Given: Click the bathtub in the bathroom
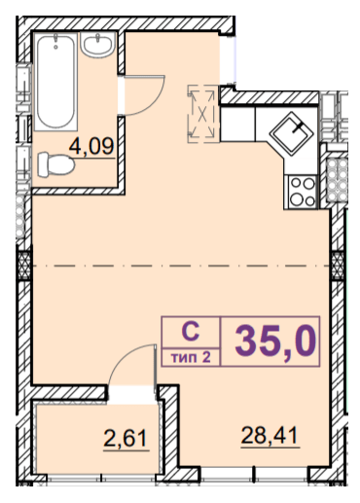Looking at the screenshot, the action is [x=55, y=82].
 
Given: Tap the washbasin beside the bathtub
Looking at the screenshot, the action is [x=97, y=45].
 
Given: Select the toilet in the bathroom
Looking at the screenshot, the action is [x=56, y=165].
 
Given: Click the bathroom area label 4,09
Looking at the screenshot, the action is [x=91, y=146].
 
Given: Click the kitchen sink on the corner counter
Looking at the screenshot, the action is [x=292, y=132].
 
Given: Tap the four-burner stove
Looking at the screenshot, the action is [x=302, y=192].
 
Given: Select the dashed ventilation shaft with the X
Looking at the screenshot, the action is [x=202, y=114].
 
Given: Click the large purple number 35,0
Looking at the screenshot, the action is [x=275, y=341].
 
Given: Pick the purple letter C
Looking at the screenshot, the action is [x=191, y=332].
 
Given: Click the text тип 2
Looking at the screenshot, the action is [x=192, y=358].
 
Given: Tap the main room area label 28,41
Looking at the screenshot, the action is [x=270, y=435].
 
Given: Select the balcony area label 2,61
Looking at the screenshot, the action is [x=126, y=438].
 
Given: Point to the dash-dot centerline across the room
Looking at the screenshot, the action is [x=181, y=266].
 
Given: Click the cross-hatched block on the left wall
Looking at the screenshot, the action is [x=24, y=266].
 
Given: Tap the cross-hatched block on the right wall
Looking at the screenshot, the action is [x=338, y=266].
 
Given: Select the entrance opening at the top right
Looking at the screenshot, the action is [x=228, y=58].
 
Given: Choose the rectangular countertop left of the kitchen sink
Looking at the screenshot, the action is [x=237, y=124].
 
